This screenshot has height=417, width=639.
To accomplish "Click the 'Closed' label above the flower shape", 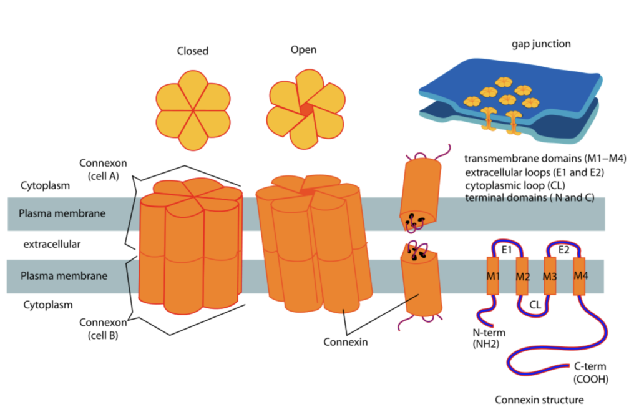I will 193,51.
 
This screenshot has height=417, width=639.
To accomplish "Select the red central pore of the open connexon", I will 305,109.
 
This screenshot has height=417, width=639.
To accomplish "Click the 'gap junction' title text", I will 541,44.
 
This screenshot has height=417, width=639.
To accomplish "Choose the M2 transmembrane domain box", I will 522,275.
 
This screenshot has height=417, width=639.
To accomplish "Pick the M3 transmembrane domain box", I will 550,275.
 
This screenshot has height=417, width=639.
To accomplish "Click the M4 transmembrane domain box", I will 580,275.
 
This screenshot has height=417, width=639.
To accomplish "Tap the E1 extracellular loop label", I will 507,250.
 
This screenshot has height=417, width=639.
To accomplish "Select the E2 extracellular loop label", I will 563,250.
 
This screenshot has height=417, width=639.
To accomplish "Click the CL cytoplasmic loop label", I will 535,305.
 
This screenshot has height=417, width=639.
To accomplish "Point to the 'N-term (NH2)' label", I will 489,338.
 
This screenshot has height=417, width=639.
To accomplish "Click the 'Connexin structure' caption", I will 539,400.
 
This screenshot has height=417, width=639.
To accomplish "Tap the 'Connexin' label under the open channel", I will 344,342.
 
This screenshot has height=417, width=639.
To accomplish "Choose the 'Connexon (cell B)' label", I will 104,328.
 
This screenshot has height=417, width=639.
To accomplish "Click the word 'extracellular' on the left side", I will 52,244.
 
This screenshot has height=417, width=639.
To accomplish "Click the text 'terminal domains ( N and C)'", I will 529,198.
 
